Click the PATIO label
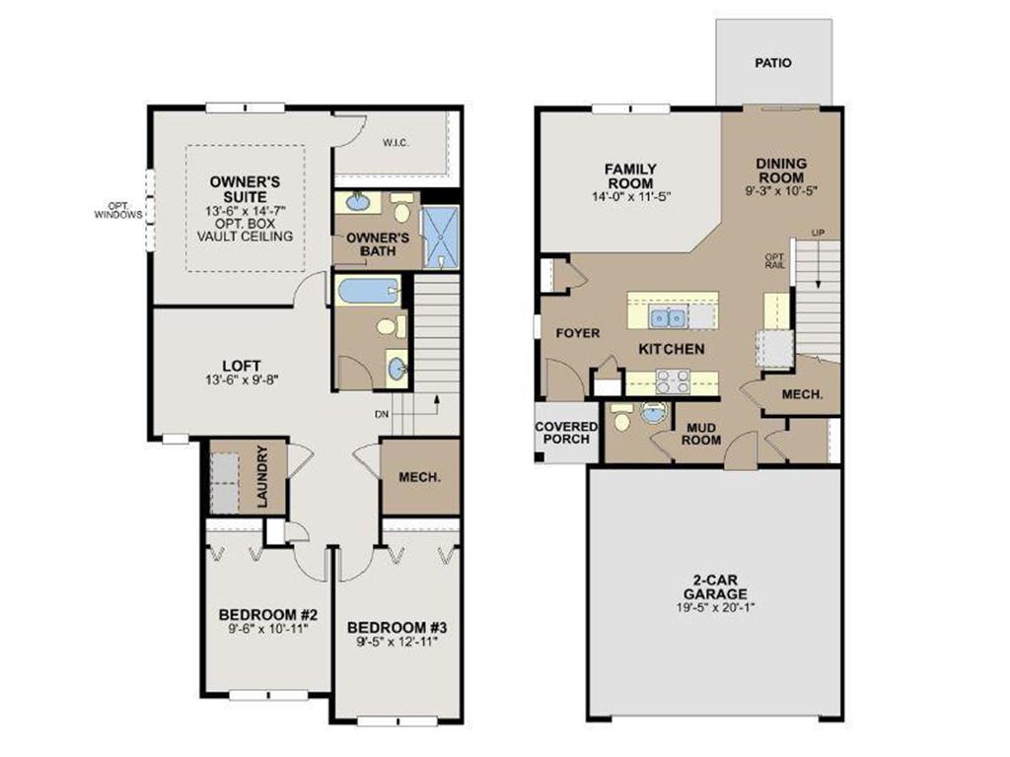(x=773, y=63)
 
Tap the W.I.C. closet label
(x=396, y=143)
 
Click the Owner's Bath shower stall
(x=441, y=237)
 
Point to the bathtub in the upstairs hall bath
(x=367, y=291)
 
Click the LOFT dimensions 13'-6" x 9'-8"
(x=242, y=380)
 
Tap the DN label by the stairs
(x=382, y=415)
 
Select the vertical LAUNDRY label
(x=262, y=476)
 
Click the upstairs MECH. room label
(x=420, y=478)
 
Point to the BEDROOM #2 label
(x=268, y=615)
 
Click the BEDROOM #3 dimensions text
(x=397, y=641)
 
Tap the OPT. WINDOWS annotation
(x=118, y=211)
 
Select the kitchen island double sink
(x=668, y=317)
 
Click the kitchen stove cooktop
(x=673, y=381)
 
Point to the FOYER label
(x=578, y=333)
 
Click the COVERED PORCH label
(x=566, y=433)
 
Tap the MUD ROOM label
(x=701, y=434)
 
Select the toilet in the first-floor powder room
(x=622, y=418)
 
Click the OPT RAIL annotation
(x=775, y=260)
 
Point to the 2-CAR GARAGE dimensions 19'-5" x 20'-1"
(x=715, y=607)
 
